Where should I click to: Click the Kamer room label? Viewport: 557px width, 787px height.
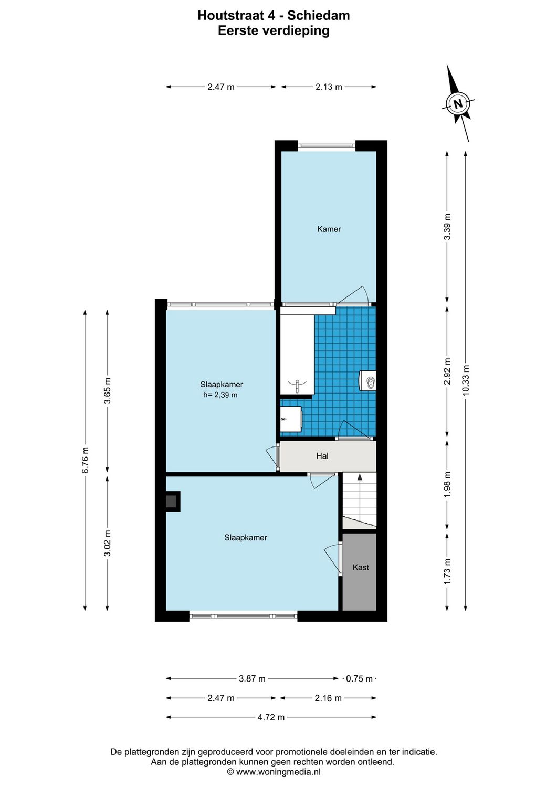coord(329,229)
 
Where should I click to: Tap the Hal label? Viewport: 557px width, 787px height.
coord(322,456)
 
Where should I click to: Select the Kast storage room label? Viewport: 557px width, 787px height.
coord(361,567)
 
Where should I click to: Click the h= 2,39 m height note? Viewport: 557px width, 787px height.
coord(220,395)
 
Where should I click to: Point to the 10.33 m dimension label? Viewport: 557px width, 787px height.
coord(466,381)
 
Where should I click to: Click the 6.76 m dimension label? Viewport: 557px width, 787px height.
coord(85,460)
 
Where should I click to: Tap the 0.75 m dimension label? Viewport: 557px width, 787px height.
coord(360,679)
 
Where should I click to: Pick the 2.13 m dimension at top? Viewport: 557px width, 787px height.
coord(329,87)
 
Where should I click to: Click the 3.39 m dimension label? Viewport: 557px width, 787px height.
coord(447,226)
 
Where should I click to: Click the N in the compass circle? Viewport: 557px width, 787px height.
coord(458,103)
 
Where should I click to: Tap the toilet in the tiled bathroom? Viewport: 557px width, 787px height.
coord(368,380)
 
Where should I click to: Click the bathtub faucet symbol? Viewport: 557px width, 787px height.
coord(297,386)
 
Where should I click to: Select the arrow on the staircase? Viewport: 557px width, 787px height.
coord(360,478)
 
